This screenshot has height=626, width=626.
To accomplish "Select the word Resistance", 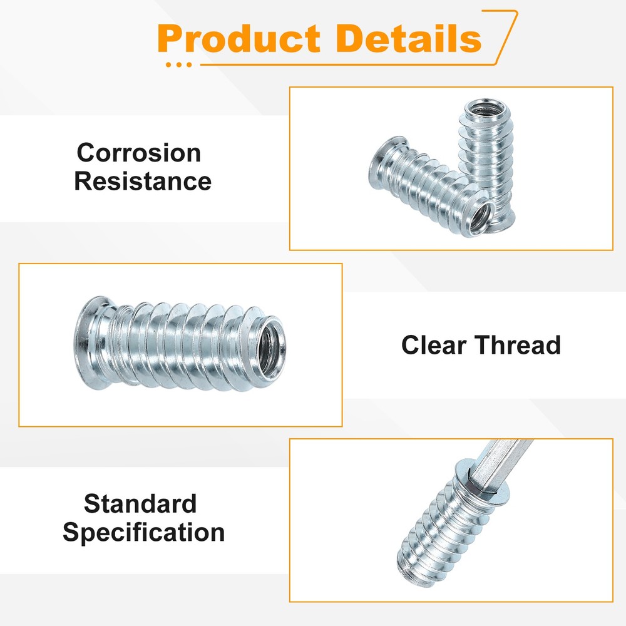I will [143, 182].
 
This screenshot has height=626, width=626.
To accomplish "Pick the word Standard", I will [140, 504].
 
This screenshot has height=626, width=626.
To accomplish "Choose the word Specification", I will [143, 533].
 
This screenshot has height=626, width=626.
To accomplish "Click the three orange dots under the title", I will [180, 64].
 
